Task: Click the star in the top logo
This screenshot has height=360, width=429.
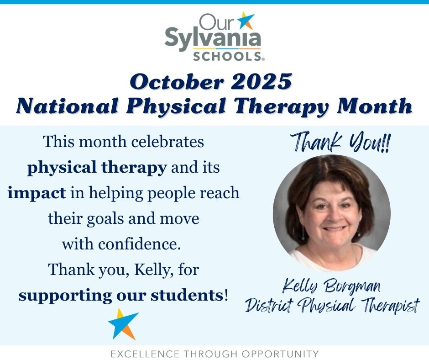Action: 247,21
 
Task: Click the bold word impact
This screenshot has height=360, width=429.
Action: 37,193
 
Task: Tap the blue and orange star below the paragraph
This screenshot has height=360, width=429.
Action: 123,323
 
